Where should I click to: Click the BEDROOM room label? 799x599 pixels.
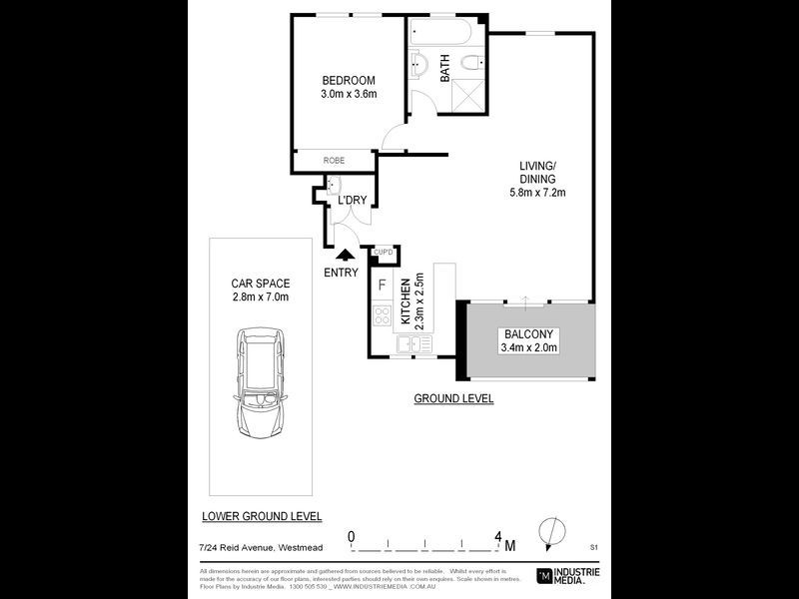coord(348,81)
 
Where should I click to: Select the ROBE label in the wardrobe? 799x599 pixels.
coord(333,160)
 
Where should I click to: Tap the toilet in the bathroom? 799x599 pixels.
coord(473,65)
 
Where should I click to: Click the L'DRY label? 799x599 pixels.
coord(352,201)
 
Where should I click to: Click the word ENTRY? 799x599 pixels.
coord(341,273)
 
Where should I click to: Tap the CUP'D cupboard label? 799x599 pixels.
coord(385,253)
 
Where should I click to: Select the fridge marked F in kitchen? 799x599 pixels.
coord(383,285)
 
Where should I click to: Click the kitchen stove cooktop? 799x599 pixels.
coord(382,316)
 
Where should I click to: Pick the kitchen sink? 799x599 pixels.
coord(412,344)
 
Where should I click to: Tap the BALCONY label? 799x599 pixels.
coord(528,333)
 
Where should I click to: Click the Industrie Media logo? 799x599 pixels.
coord(571,575)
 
